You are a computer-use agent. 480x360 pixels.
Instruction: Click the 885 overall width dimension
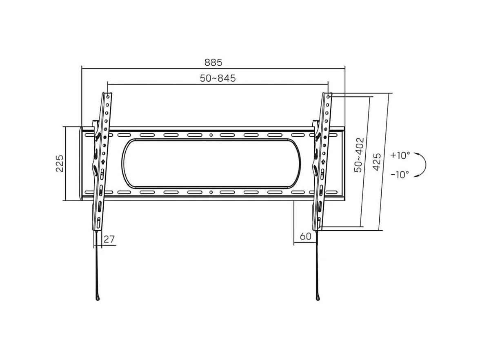pyautogui.click(x=213, y=62)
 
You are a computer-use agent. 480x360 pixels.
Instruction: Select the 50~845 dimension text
pyautogui.click(x=218, y=78)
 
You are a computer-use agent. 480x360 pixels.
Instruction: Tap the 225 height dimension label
pyautogui.click(x=60, y=163)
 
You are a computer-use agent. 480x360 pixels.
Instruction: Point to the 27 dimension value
pyautogui.click(x=109, y=240)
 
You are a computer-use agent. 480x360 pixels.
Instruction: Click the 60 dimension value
pyautogui.click(x=305, y=236)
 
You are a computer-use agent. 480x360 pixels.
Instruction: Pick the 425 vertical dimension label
pyautogui.click(x=377, y=162)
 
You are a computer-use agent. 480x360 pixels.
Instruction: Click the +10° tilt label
pyautogui.click(x=400, y=155)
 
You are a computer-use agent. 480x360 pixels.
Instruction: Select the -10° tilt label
pyautogui.click(x=400, y=175)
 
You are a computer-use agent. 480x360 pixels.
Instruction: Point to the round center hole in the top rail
pyautogui.click(x=211, y=135)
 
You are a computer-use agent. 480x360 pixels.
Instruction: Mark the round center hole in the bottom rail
pyautogui.click(x=211, y=192)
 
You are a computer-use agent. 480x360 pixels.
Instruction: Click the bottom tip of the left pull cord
pyautogui.click(x=97, y=298)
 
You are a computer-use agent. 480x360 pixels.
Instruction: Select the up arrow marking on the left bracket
pyautogui.click(x=102, y=162)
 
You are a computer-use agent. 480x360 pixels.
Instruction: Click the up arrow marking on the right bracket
pyautogui.click(x=323, y=162)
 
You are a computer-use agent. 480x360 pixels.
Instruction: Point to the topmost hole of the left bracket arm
pyautogui.click(x=107, y=97)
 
